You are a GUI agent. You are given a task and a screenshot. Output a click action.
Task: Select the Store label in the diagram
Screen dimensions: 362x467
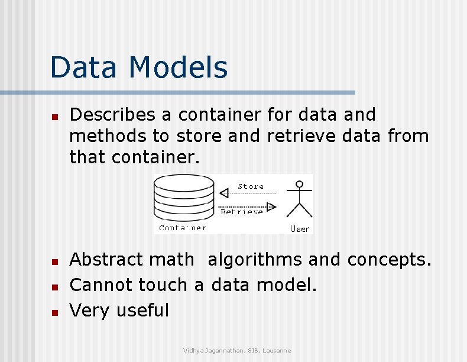pos(251,186)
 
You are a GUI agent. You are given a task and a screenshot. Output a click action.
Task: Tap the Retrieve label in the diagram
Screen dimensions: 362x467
pos(242,211)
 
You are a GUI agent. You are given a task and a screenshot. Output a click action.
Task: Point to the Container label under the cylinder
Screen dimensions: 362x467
pos(183,228)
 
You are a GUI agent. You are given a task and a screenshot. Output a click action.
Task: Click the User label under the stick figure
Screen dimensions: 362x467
pos(300,228)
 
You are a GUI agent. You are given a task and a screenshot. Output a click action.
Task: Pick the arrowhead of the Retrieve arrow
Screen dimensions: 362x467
pos(271,206)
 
